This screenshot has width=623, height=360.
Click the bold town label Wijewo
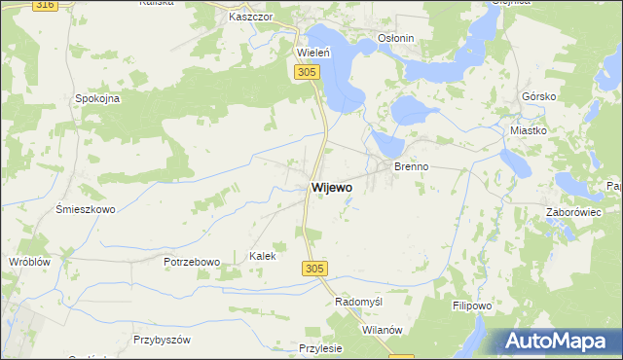click(x=332, y=186)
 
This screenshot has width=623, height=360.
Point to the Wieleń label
click(x=313, y=52)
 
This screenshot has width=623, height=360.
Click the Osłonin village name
click(x=396, y=39)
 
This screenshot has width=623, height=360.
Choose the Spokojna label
click(x=97, y=98)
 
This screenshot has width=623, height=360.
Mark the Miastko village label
click(x=531, y=129)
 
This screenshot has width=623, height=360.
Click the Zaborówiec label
click(x=573, y=211)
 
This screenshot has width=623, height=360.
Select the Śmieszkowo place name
click(x=86, y=209)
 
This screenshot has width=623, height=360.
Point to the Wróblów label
click(x=29, y=263)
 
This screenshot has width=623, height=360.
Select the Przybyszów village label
click(x=163, y=340)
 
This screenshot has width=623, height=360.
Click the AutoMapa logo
click(x=558, y=341)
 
